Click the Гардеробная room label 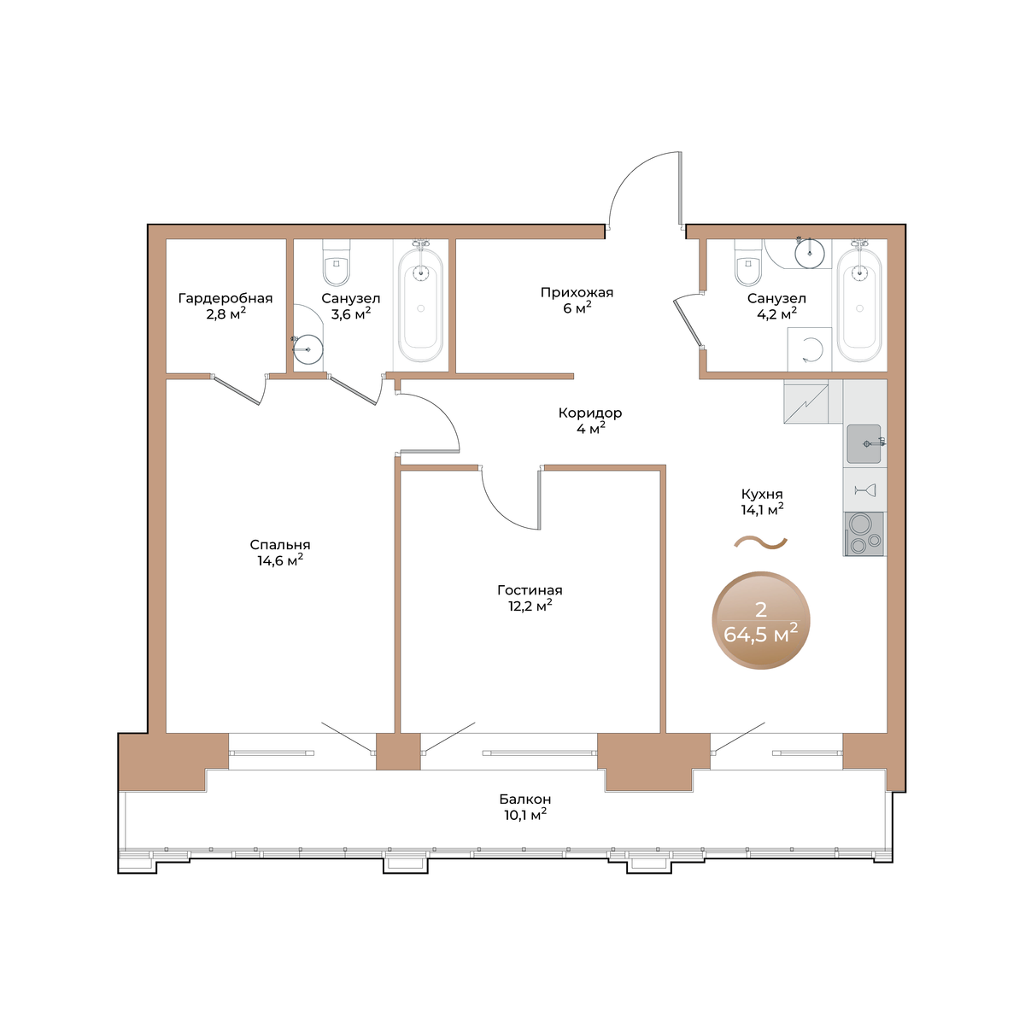tap(225, 298)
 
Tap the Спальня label tap(280, 545)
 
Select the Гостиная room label tap(530, 590)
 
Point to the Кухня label tap(762, 495)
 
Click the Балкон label tap(525, 799)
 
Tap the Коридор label tap(590, 413)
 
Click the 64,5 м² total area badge tap(761, 621)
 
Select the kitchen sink tap(864, 443)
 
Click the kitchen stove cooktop tap(864, 534)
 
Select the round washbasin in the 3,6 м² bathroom tap(308, 349)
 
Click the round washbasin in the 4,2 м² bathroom tap(810, 253)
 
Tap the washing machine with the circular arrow tap(809, 349)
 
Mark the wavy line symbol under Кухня tap(761, 542)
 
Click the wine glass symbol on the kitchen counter tap(864, 490)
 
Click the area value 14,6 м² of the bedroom tap(280, 560)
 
